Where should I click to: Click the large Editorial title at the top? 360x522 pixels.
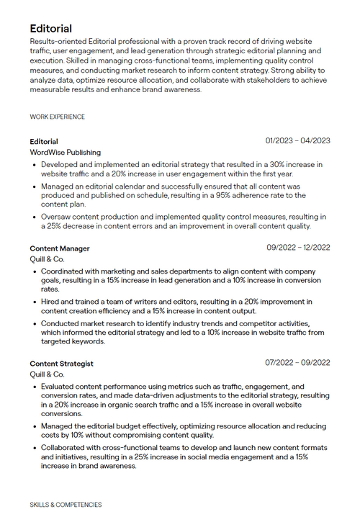(51, 29)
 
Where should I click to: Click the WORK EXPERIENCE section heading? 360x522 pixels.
(57, 117)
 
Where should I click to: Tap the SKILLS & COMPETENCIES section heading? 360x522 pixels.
(66, 505)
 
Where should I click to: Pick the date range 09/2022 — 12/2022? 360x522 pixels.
(298, 248)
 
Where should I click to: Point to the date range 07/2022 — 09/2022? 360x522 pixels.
(297, 363)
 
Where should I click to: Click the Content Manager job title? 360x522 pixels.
(60, 248)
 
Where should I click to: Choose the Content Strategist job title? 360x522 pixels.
(61, 364)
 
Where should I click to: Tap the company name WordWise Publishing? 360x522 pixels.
(66, 153)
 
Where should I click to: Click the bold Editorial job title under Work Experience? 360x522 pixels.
(44, 141)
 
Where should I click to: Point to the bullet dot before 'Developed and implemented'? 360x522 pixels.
(35, 165)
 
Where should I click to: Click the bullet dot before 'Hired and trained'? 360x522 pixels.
(35, 302)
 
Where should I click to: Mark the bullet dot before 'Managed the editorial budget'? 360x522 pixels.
(35, 426)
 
